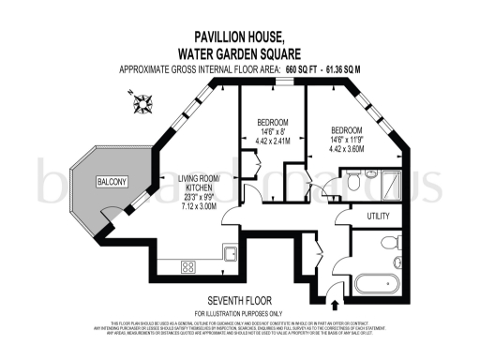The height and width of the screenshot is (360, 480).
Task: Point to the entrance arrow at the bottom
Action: pyautogui.click(x=336, y=304)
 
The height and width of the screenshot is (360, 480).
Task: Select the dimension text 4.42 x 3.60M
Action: pyautogui.click(x=346, y=147)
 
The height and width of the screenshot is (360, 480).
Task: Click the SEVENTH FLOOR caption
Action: pyautogui.click(x=237, y=300)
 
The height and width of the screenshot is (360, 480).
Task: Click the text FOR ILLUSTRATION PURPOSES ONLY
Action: pyautogui.click(x=237, y=312)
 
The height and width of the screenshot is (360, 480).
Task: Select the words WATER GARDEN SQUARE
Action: pyautogui.click(x=238, y=53)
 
